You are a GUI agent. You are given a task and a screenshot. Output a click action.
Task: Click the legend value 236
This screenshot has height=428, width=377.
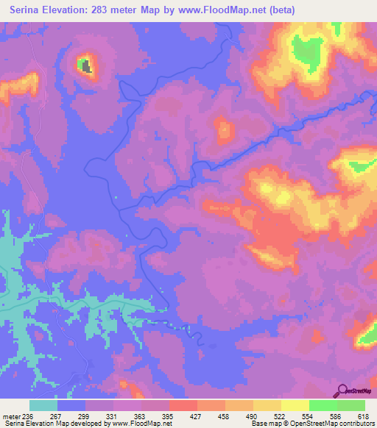pyautogui.click(x=29, y=416)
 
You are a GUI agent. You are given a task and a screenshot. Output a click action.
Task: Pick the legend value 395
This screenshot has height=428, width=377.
pyautogui.click(x=169, y=416)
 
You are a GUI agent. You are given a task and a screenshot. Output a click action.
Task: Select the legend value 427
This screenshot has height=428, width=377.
pyautogui.click(x=197, y=416)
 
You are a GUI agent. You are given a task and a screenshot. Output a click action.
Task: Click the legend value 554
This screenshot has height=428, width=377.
pyautogui.click(x=309, y=416)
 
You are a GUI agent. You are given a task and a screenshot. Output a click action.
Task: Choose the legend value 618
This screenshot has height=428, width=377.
pyautogui.click(x=364, y=416)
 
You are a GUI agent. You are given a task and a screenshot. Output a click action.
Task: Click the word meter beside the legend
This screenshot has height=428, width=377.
pyautogui.click(x=11, y=416)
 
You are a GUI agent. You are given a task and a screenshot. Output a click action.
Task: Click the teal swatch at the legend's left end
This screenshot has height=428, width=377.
pyautogui.click(x=43, y=405)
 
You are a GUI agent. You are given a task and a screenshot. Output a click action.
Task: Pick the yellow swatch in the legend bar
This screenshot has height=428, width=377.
pyautogui.click(x=295, y=405)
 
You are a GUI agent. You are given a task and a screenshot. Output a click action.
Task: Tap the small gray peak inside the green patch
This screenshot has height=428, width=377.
pyautogui.click(x=86, y=67)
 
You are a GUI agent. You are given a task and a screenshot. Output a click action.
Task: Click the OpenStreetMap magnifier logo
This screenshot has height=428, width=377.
pyautogui.click(x=342, y=391)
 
